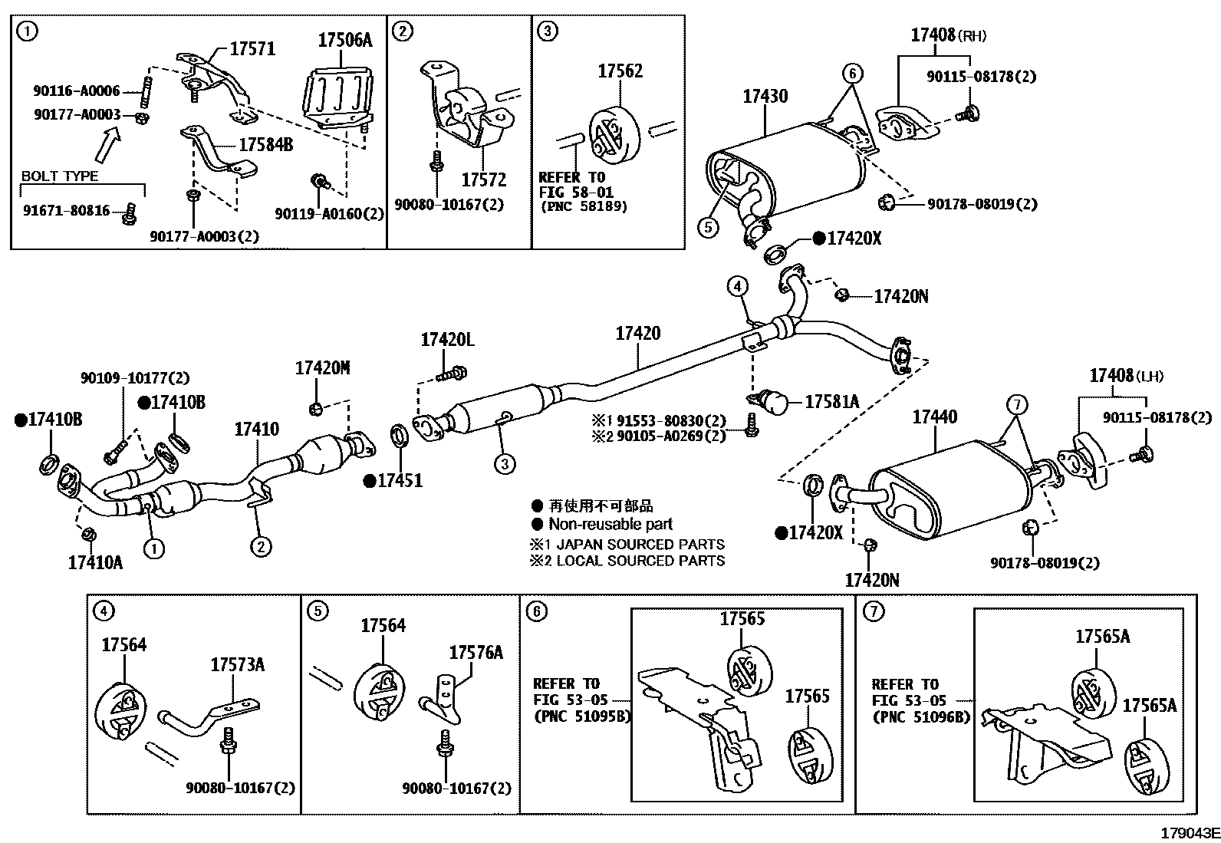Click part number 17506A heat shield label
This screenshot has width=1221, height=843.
click(344, 40)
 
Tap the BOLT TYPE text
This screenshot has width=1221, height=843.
click(60, 176)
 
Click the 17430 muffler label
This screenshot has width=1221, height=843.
click(765, 97)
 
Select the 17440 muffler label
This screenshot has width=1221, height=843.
click(934, 417)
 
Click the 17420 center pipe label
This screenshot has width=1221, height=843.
click(637, 334)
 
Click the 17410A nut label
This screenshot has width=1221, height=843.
click(95, 562)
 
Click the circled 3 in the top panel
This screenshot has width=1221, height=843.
click(547, 31)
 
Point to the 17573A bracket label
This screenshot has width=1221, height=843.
click(237, 664)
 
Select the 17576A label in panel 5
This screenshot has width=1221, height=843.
click(476, 652)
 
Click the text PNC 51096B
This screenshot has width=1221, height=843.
click(921, 717)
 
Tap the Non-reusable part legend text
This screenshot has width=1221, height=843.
click(610, 525)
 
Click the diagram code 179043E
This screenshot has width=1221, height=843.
click(1189, 833)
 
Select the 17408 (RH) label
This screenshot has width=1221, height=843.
click(948, 35)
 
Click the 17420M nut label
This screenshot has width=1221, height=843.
click(322, 368)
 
